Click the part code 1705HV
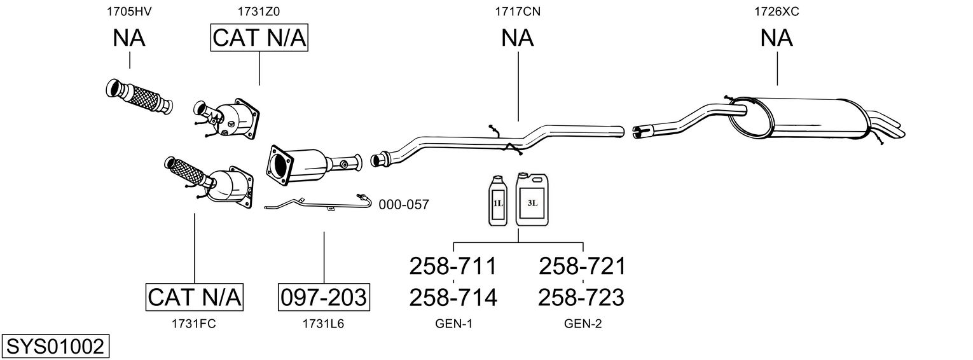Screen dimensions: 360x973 (x=129, y=11)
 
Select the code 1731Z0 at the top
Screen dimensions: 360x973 (x=259, y=11)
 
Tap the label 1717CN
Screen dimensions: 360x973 (x=518, y=11)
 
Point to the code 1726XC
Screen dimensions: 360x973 (x=776, y=11)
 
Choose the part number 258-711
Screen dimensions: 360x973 (x=453, y=266)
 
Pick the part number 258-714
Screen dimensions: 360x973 (x=453, y=297)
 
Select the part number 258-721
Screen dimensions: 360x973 (x=583, y=266)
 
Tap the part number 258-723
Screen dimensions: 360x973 (x=581, y=297)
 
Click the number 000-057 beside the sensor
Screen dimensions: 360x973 (x=404, y=205)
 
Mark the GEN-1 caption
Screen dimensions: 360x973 (x=453, y=324)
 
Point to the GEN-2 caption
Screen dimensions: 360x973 (x=583, y=324)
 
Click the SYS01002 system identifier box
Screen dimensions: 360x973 (x=55, y=347)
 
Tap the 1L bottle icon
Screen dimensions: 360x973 (x=498, y=202)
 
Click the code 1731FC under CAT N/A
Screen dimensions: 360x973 (x=194, y=324)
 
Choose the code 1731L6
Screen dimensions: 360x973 (x=324, y=324)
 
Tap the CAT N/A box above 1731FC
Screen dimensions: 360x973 (x=195, y=297)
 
